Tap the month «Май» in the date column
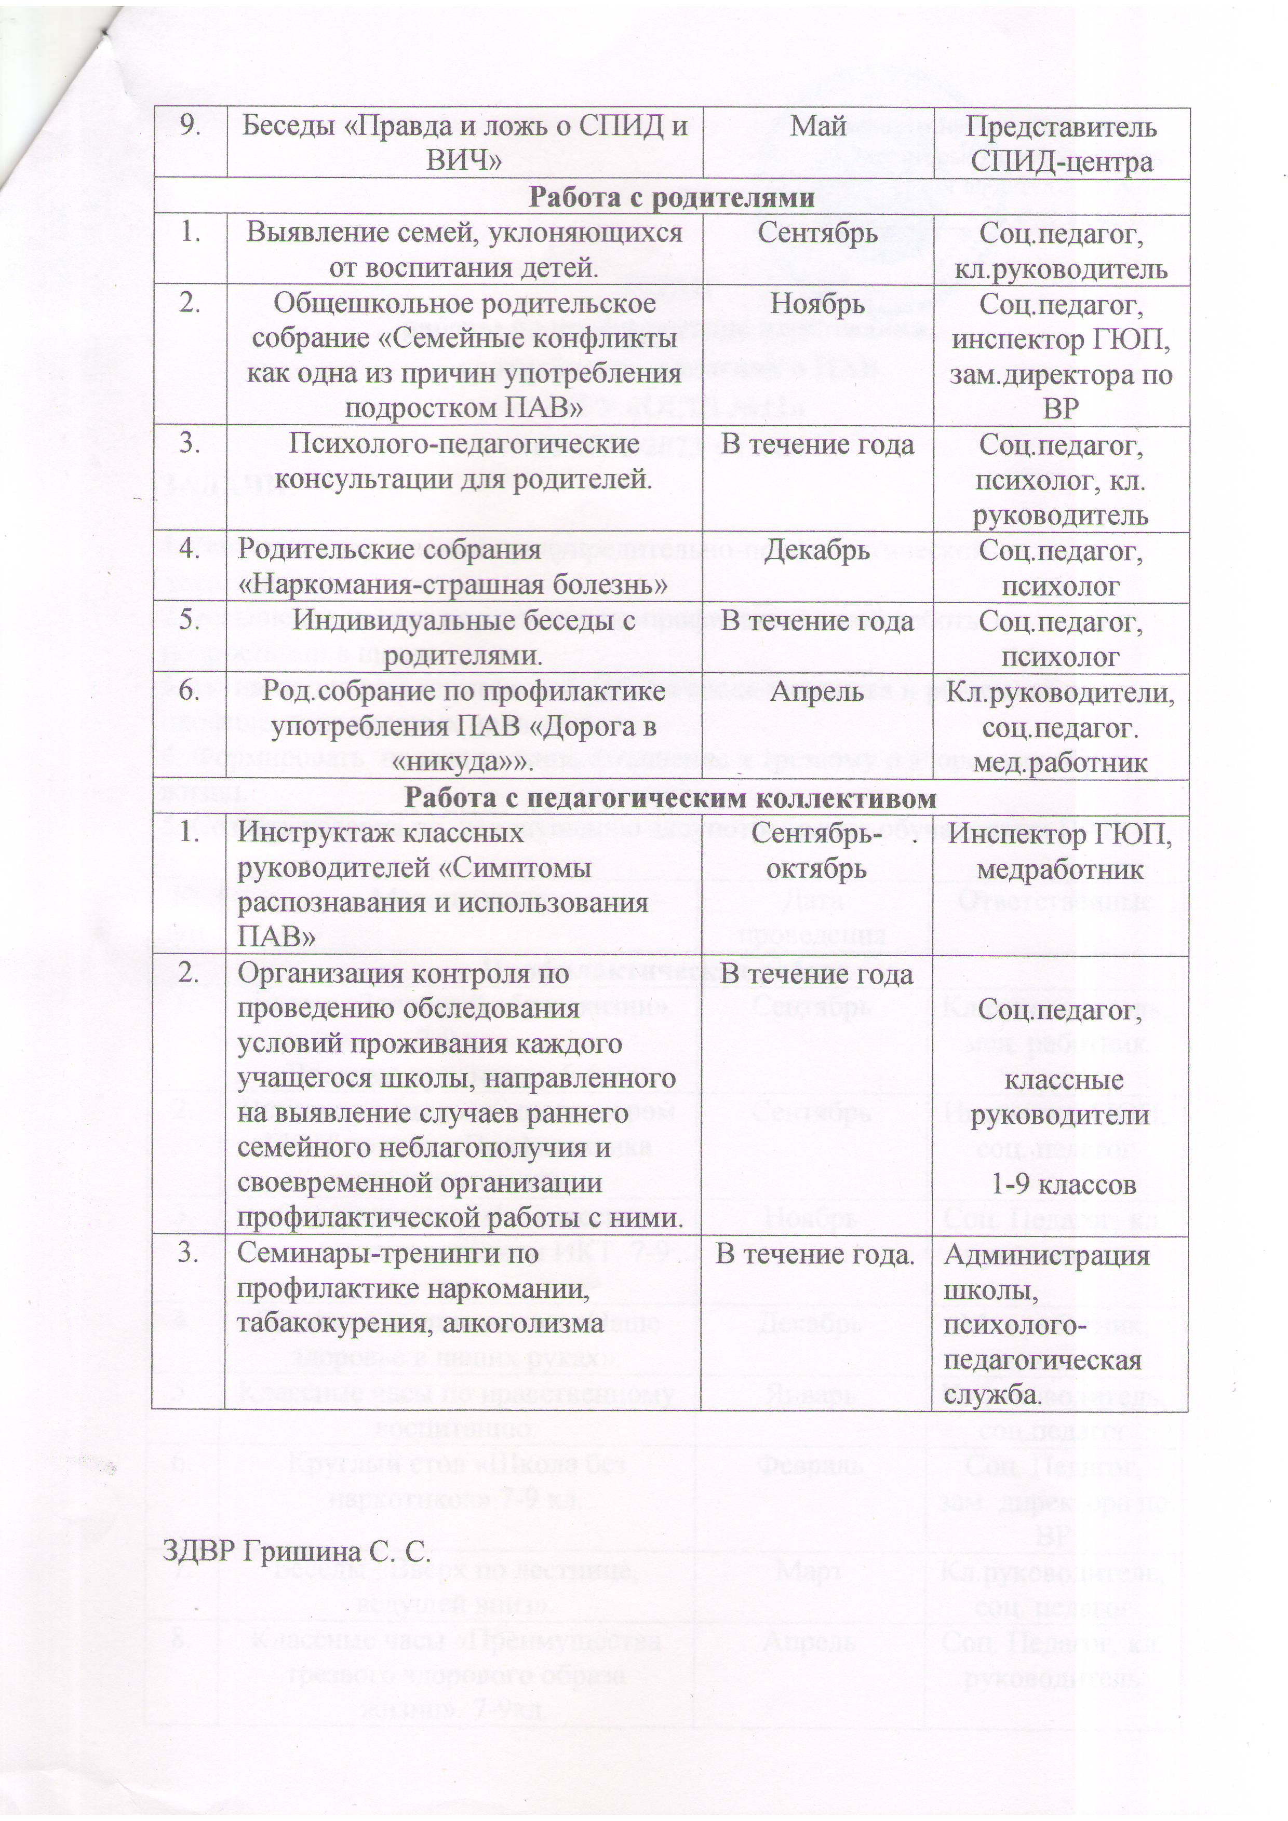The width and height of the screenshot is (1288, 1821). [x=818, y=127]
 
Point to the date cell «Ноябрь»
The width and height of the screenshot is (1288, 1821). [x=818, y=304]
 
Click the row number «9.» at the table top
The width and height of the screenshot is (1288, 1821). [x=189, y=127]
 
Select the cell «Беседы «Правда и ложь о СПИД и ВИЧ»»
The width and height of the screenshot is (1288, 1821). [x=464, y=144]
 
